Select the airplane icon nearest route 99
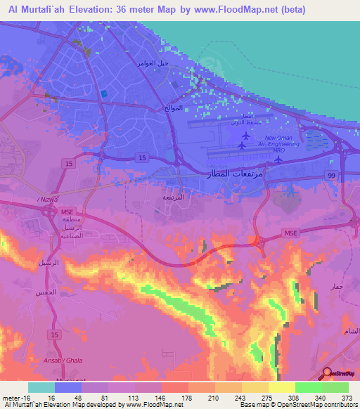(x=278, y=158)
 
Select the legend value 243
(x=237, y=397)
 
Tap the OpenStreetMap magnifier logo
(x=328, y=373)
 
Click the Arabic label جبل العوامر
(x=150, y=63)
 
